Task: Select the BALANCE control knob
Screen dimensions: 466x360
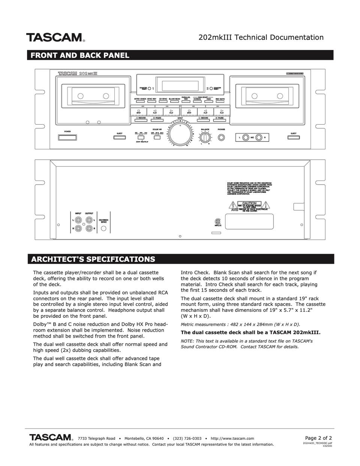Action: click(205, 138)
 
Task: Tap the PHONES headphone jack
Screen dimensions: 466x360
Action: click(222, 137)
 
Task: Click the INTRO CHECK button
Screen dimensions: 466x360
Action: click(140, 102)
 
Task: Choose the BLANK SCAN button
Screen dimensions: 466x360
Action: click(174, 102)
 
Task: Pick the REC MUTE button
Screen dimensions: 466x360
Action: click(220, 102)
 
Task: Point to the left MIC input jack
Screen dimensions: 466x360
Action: click(245, 138)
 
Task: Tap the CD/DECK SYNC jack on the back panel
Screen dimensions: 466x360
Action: click(103, 227)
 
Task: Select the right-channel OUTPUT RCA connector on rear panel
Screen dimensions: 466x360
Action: click(89, 228)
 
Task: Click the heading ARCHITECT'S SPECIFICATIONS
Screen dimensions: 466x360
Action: click(93, 259)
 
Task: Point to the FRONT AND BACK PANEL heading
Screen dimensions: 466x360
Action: click(80, 56)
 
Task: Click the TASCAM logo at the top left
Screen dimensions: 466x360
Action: click(55, 38)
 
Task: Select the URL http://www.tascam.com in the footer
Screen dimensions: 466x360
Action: click(232, 438)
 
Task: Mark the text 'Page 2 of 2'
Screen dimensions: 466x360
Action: click(318, 438)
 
